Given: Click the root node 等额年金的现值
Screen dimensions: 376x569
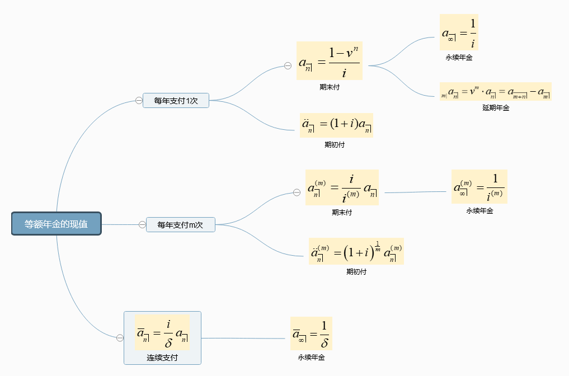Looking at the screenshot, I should click(56, 224).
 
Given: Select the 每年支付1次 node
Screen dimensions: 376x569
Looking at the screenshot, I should click(176, 101).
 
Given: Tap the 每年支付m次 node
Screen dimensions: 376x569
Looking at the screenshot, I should click(180, 225).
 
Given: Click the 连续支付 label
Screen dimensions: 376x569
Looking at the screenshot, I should click(162, 358).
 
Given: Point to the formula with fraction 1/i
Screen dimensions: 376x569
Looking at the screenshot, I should click(459, 32).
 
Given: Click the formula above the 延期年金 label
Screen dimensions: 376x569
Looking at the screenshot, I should click(496, 91).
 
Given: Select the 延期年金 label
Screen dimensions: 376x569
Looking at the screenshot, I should click(496, 108).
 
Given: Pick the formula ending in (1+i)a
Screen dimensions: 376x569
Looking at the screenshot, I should click(336, 125).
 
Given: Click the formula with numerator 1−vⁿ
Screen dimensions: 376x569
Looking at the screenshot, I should click(329, 60).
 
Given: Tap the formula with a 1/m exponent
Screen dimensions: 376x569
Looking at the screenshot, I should click(356, 251).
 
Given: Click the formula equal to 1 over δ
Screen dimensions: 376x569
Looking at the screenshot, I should click(311, 333).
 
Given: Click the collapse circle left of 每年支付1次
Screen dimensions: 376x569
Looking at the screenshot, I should click(138, 101).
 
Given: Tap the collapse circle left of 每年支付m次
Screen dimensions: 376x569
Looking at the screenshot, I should click(142, 225).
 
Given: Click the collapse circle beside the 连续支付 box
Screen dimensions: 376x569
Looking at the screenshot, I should click(120, 338).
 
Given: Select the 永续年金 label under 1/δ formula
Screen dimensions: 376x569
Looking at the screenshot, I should click(311, 358).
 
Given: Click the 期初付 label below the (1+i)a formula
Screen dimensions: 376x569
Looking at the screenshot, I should click(335, 144).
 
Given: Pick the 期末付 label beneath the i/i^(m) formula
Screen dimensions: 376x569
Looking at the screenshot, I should click(342, 213).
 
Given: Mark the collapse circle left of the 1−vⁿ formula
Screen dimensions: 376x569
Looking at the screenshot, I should click(288, 65).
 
